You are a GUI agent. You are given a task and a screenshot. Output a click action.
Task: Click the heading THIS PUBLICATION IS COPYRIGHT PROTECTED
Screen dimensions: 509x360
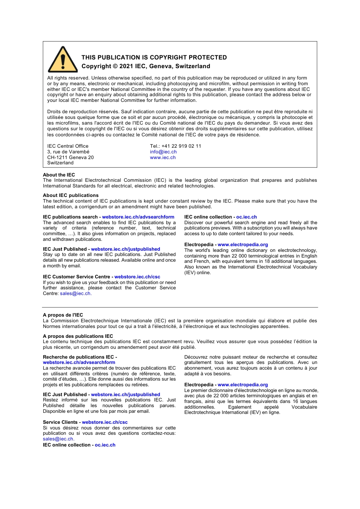(x=154, y=58)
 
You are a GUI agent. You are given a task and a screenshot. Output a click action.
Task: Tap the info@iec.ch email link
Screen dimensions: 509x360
(x=163, y=152)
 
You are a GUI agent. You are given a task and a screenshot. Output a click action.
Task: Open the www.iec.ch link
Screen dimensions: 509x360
(x=163, y=158)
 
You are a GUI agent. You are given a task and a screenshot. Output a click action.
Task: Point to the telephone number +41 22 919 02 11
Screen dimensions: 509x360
(x=181, y=146)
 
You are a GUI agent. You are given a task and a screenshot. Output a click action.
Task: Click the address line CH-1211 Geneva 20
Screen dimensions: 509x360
(x=70, y=158)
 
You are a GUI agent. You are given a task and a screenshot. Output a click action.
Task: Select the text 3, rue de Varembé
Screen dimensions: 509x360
(x=68, y=152)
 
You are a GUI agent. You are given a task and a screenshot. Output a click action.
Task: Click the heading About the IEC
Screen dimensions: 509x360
(x=59, y=175)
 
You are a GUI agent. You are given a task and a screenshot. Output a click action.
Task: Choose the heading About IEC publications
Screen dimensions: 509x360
(x=70, y=195)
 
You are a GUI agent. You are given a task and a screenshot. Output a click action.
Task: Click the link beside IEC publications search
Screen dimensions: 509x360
(x=138, y=217)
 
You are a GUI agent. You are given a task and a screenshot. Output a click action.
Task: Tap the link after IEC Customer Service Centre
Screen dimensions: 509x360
(x=137, y=277)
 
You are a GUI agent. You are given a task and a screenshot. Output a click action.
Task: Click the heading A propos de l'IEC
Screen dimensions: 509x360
(x=63, y=315)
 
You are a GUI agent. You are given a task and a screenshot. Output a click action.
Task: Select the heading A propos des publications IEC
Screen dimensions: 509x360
(x=78, y=336)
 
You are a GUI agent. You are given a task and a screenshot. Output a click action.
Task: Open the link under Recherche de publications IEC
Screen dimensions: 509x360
(x=79, y=362)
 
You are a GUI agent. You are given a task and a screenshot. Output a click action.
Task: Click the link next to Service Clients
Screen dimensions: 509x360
(x=105, y=422)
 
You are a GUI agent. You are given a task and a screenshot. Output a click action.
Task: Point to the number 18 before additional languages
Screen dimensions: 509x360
(x=267, y=261)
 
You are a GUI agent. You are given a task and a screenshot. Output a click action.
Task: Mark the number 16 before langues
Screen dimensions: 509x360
(x=295, y=401)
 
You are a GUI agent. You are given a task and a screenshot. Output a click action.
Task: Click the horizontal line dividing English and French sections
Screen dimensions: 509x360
(x=180, y=307)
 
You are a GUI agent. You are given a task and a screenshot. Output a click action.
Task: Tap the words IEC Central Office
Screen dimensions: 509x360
(x=68, y=146)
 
